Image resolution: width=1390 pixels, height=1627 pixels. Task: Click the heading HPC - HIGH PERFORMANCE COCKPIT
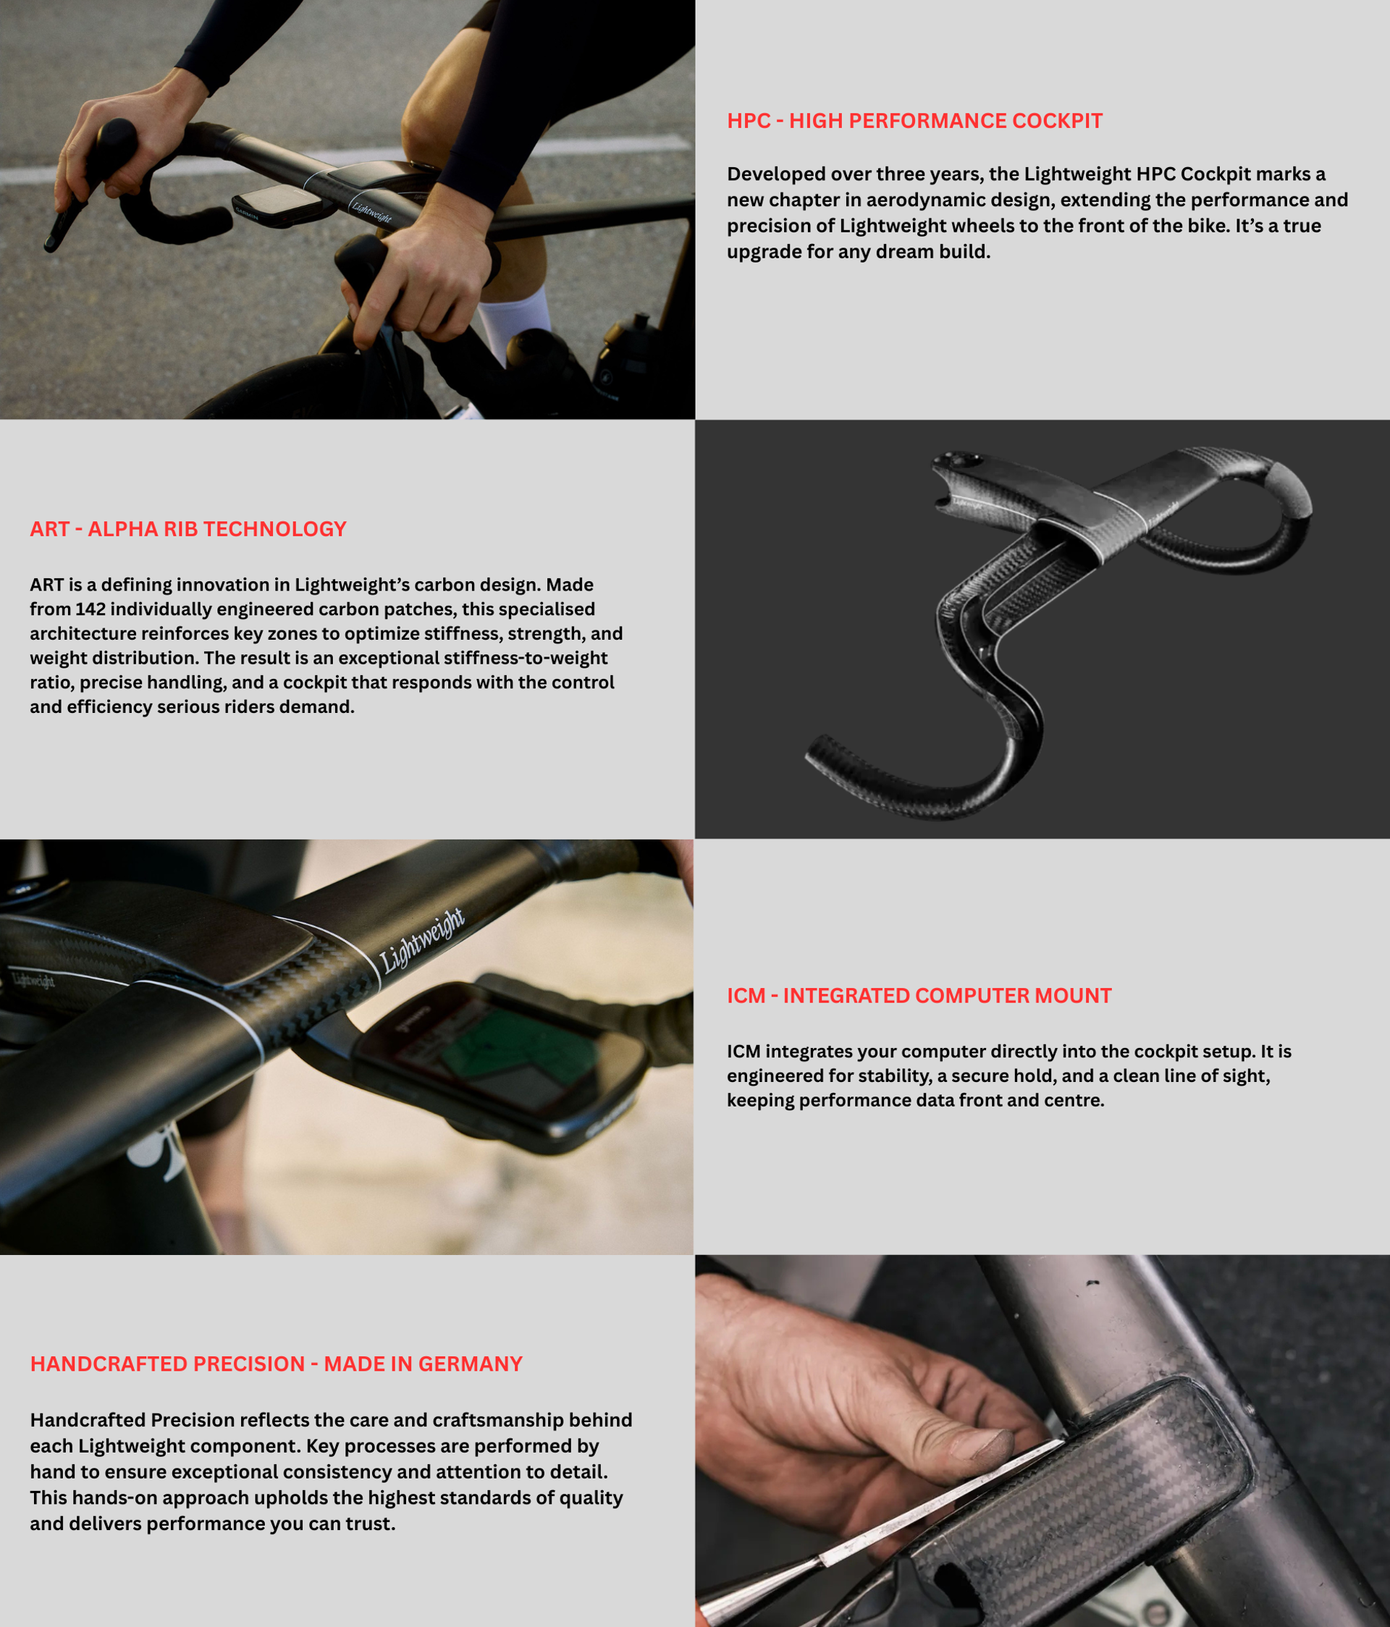pyautogui.click(x=914, y=121)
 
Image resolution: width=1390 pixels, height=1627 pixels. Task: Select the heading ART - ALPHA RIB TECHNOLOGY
pyautogui.click(x=188, y=529)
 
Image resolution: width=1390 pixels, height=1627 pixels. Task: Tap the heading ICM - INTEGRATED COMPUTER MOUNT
pyautogui.click(x=919, y=996)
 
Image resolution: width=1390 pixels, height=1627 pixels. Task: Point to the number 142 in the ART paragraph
pyautogui.click(x=90, y=609)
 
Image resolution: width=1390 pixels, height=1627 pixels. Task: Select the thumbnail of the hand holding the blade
pyautogui.click(x=1042, y=1441)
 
